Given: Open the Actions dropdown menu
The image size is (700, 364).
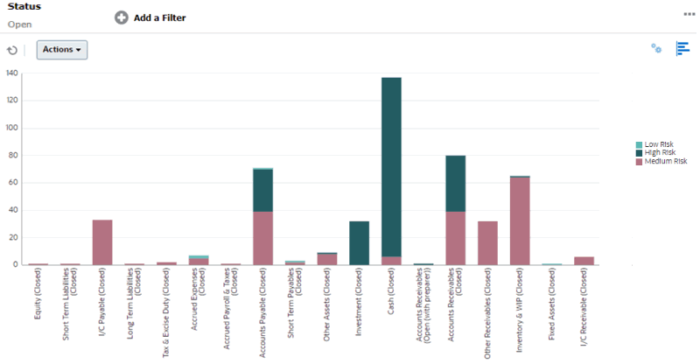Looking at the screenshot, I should (x=61, y=50).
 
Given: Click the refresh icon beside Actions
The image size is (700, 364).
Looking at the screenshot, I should (x=12, y=51).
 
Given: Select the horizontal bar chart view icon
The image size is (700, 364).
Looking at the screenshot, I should (x=682, y=49).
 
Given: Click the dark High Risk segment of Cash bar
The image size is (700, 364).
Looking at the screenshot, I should (x=391, y=166).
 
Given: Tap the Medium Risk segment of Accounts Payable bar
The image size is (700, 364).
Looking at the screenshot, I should (x=262, y=237).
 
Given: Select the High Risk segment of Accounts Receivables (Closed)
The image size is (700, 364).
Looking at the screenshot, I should (x=455, y=184).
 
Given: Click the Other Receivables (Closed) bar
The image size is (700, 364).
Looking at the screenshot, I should (x=487, y=242).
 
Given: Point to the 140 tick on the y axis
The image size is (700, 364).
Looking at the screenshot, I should (x=11, y=73).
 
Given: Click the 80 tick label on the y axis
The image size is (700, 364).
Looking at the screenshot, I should (x=13, y=156).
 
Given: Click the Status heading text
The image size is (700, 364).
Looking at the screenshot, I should (x=24, y=7).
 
